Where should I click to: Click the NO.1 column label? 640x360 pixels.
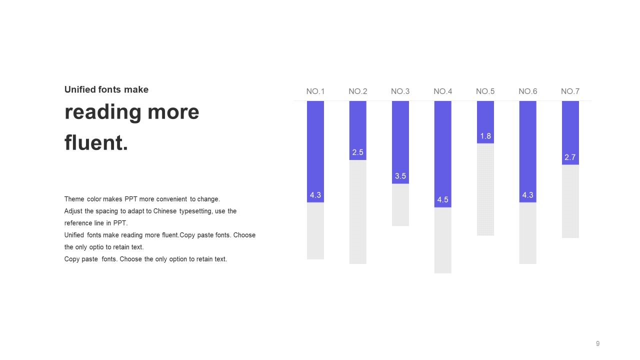point(315,91)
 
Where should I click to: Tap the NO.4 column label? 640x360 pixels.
point(443,91)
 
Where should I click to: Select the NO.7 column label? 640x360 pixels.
point(570,91)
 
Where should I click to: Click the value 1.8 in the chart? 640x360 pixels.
point(485,136)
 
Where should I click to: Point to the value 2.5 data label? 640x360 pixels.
point(357,152)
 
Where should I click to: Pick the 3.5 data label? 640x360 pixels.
point(400,176)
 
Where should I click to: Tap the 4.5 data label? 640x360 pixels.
point(443,199)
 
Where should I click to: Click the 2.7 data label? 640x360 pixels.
point(570,157)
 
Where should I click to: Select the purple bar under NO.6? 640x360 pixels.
point(527,151)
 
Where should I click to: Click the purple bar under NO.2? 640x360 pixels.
point(357,130)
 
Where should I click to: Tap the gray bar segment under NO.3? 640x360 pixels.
point(400,205)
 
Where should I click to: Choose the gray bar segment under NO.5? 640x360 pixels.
point(485,189)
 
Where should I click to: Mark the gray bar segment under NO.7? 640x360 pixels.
point(570,201)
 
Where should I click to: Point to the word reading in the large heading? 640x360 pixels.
point(103,113)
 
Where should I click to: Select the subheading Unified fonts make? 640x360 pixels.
point(106,89)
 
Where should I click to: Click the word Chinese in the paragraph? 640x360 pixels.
point(165,211)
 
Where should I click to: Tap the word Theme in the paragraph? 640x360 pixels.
point(74,199)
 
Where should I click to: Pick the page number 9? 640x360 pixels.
point(597,343)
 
